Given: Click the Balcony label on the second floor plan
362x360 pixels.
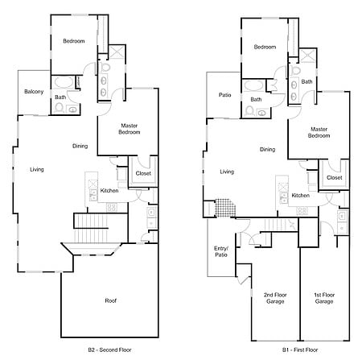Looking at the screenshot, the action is click(x=34, y=92).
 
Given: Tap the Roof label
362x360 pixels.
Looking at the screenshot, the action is click(x=110, y=300).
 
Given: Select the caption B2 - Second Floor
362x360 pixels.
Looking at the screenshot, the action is click(x=109, y=350).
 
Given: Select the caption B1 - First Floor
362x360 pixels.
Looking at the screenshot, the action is click(x=300, y=350).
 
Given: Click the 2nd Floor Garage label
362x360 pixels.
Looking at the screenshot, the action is click(x=275, y=298).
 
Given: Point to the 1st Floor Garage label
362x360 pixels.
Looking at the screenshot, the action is click(x=324, y=298).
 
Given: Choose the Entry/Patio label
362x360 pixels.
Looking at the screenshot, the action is click(x=221, y=251).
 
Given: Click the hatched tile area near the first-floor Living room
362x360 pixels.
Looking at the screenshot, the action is click(x=225, y=208).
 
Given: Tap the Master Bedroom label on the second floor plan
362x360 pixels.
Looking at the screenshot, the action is click(x=130, y=129).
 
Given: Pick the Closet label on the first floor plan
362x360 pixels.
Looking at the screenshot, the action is click(x=335, y=178).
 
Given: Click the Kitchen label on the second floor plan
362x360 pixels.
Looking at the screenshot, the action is click(x=109, y=191).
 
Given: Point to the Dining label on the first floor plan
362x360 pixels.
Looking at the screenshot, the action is click(x=267, y=150).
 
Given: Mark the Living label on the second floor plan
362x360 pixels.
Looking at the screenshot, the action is click(x=37, y=169).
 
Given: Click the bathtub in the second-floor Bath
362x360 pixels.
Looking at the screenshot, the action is click(x=64, y=82).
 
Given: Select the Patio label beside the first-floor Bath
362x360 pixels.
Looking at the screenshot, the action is click(x=224, y=95).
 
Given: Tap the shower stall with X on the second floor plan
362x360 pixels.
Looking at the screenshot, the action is click(x=117, y=52).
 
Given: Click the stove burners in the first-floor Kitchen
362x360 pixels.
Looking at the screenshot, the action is click(x=302, y=211).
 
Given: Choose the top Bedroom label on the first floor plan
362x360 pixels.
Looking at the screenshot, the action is click(x=265, y=47).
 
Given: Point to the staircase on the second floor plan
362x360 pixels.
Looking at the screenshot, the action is click(x=91, y=228).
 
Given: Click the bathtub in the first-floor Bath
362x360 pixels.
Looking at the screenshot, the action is click(x=254, y=85).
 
